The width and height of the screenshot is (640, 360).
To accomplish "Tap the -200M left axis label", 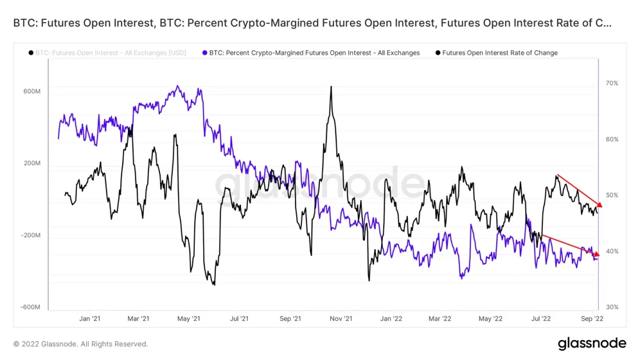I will click(x=30, y=236).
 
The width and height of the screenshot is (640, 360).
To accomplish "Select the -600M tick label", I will click(x=30, y=308).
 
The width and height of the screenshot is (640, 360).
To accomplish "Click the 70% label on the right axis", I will click(x=611, y=83).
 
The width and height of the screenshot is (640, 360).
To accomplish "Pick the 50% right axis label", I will click(x=611, y=195).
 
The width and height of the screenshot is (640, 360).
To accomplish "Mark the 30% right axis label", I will click(x=611, y=307).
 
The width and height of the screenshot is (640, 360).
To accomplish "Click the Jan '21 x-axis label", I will click(x=90, y=319).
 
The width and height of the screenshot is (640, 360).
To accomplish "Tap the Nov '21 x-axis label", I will click(x=341, y=319).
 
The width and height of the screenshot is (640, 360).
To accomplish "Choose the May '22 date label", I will click(x=490, y=319).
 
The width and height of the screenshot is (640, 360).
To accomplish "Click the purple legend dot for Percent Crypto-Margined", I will click(x=204, y=53).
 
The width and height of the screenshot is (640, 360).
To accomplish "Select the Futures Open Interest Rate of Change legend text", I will click(x=500, y=53).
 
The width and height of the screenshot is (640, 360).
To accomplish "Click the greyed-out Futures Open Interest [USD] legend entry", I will click(x=111, y=53).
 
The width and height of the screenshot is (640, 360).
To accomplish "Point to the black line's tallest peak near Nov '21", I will click(x=330, y=87).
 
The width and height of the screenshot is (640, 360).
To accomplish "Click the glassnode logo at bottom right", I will click(x=592, y=343).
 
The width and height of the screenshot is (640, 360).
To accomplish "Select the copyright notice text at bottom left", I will click(x=80, y=344).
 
